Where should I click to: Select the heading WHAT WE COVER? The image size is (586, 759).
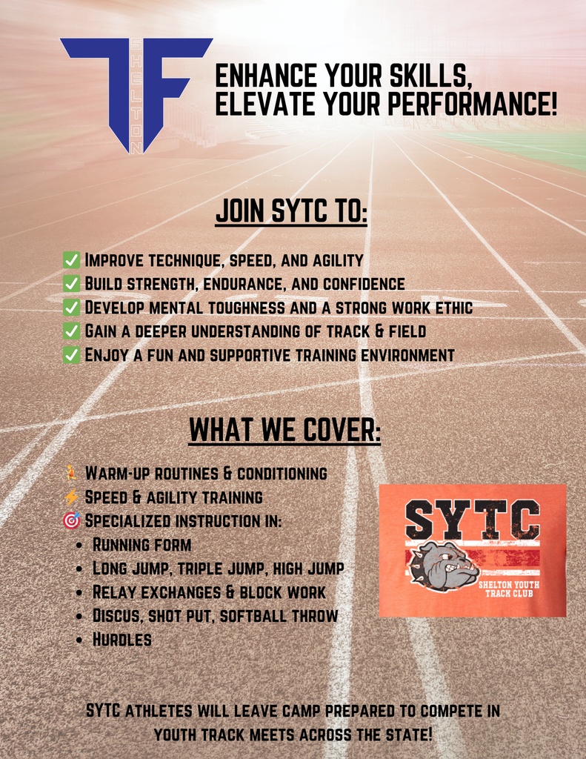284,430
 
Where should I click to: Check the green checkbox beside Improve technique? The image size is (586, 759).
71,260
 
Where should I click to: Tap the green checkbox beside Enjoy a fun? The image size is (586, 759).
71,355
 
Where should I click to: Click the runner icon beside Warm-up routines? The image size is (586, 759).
71,473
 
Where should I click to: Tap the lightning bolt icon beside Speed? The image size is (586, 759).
71,497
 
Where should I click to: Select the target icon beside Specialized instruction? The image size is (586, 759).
71,520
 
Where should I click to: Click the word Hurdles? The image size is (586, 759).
122,640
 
